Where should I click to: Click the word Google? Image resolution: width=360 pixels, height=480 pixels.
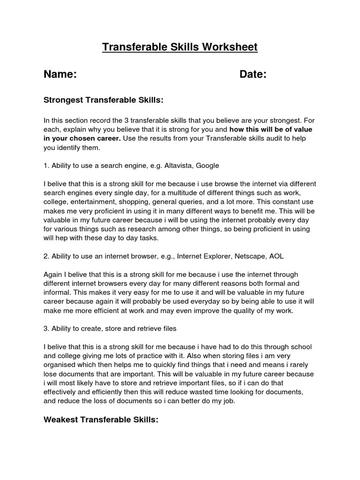point(207,165)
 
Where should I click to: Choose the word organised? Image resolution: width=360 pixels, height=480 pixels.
point(60,365)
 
